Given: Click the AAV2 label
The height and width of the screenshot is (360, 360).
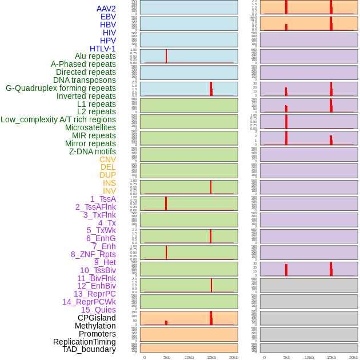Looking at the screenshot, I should coord(106,9).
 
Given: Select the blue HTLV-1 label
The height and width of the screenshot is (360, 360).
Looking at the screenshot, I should coord(103,49).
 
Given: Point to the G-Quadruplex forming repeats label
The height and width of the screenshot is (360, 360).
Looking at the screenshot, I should coord(61,88).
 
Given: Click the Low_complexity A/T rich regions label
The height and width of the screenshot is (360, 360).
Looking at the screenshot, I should coord(58,119).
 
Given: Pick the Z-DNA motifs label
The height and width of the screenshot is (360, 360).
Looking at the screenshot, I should coord(93,151).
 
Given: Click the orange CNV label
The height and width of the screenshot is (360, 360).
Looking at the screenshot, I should coord(107,159).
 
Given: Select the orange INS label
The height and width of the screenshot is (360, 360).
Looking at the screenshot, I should coord(109,183).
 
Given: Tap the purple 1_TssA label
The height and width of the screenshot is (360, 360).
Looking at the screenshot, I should coord(103,199).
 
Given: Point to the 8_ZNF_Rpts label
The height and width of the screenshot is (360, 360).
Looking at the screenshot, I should coord(93,254).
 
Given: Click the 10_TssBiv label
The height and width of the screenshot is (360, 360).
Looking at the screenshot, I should coord(98,270).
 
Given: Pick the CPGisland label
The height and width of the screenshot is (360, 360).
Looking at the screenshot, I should coord(97,318).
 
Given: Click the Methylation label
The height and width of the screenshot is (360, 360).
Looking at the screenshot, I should coord(95,326).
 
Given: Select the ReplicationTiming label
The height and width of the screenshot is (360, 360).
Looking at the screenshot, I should coord(85,342).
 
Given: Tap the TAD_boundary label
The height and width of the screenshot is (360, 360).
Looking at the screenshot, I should coord(89,349).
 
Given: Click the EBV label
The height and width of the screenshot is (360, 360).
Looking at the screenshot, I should coord(108,17).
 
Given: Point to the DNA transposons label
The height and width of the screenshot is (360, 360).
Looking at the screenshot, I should coord(85,80).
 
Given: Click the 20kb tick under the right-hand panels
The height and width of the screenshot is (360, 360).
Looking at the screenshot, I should coord(353,357).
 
